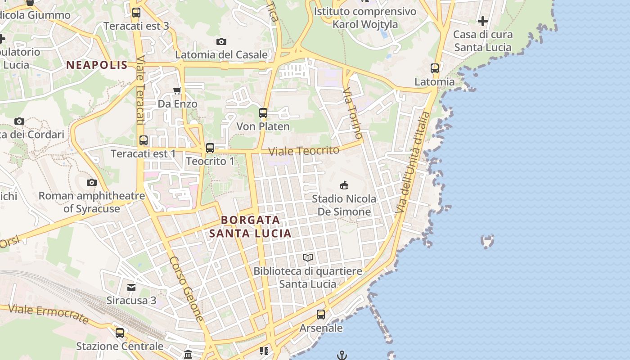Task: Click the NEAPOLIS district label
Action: (97, 65)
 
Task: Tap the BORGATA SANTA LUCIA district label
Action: (250, 227)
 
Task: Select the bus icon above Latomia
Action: (435, 68)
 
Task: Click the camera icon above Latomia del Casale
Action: (221, 42)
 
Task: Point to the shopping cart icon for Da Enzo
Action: (177, 90)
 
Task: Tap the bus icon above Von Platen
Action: (263, 113)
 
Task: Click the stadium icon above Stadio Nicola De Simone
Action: (344, 185)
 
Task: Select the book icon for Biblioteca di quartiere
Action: (308, 257)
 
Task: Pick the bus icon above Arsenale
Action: (321, 315)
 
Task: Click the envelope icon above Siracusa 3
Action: (131, 287)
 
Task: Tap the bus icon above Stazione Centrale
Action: (120, 333)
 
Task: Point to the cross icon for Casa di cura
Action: (483, 21)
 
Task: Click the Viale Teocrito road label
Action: (303, 151)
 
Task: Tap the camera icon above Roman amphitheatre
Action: (92, 182)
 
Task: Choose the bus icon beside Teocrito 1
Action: (210, 148)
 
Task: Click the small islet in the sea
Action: (487, 241)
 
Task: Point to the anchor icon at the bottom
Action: (342, 355)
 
